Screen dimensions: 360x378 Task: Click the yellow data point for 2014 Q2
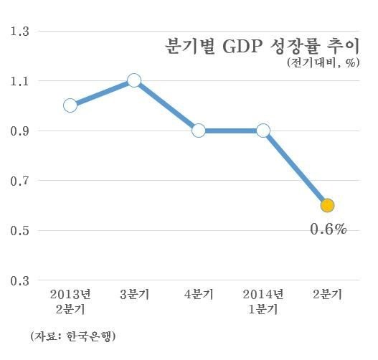(x=327, y=206)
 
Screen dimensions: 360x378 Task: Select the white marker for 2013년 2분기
(x=70, y=105)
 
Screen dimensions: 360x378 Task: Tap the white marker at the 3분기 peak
(x=133, y=80)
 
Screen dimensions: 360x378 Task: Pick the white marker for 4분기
(x=199, y=131)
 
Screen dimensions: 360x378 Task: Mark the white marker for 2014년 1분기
(x=263, y=131)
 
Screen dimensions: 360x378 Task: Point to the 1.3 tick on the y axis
(x=18, y=32)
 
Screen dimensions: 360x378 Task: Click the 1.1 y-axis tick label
(x=18, y=81)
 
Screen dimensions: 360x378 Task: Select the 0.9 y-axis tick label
(x=18, y=131)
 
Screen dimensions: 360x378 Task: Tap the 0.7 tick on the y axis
(x=18, y=181)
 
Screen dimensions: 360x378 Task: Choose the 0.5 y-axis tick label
(x=18, y=231)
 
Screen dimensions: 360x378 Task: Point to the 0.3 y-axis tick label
(x=18, y=280)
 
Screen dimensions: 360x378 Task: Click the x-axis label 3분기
(x=134, y=295)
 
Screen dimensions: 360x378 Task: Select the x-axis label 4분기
(x=199, y=295)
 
